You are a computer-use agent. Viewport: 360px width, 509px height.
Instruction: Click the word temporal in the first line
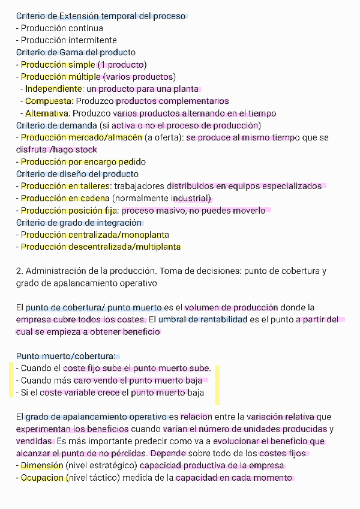[119, 16]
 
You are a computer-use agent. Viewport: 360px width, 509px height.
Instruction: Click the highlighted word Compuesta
[49, 101]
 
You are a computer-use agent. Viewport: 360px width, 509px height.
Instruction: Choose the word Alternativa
[47, 113]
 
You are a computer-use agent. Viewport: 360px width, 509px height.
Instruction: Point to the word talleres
[92, 186]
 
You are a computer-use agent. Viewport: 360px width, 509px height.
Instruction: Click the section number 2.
[19, 271]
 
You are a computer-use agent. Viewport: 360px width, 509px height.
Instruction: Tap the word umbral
[172, 319]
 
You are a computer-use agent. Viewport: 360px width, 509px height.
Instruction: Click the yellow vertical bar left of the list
[10, 380]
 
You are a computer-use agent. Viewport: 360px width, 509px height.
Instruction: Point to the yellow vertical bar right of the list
[217, 384]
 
